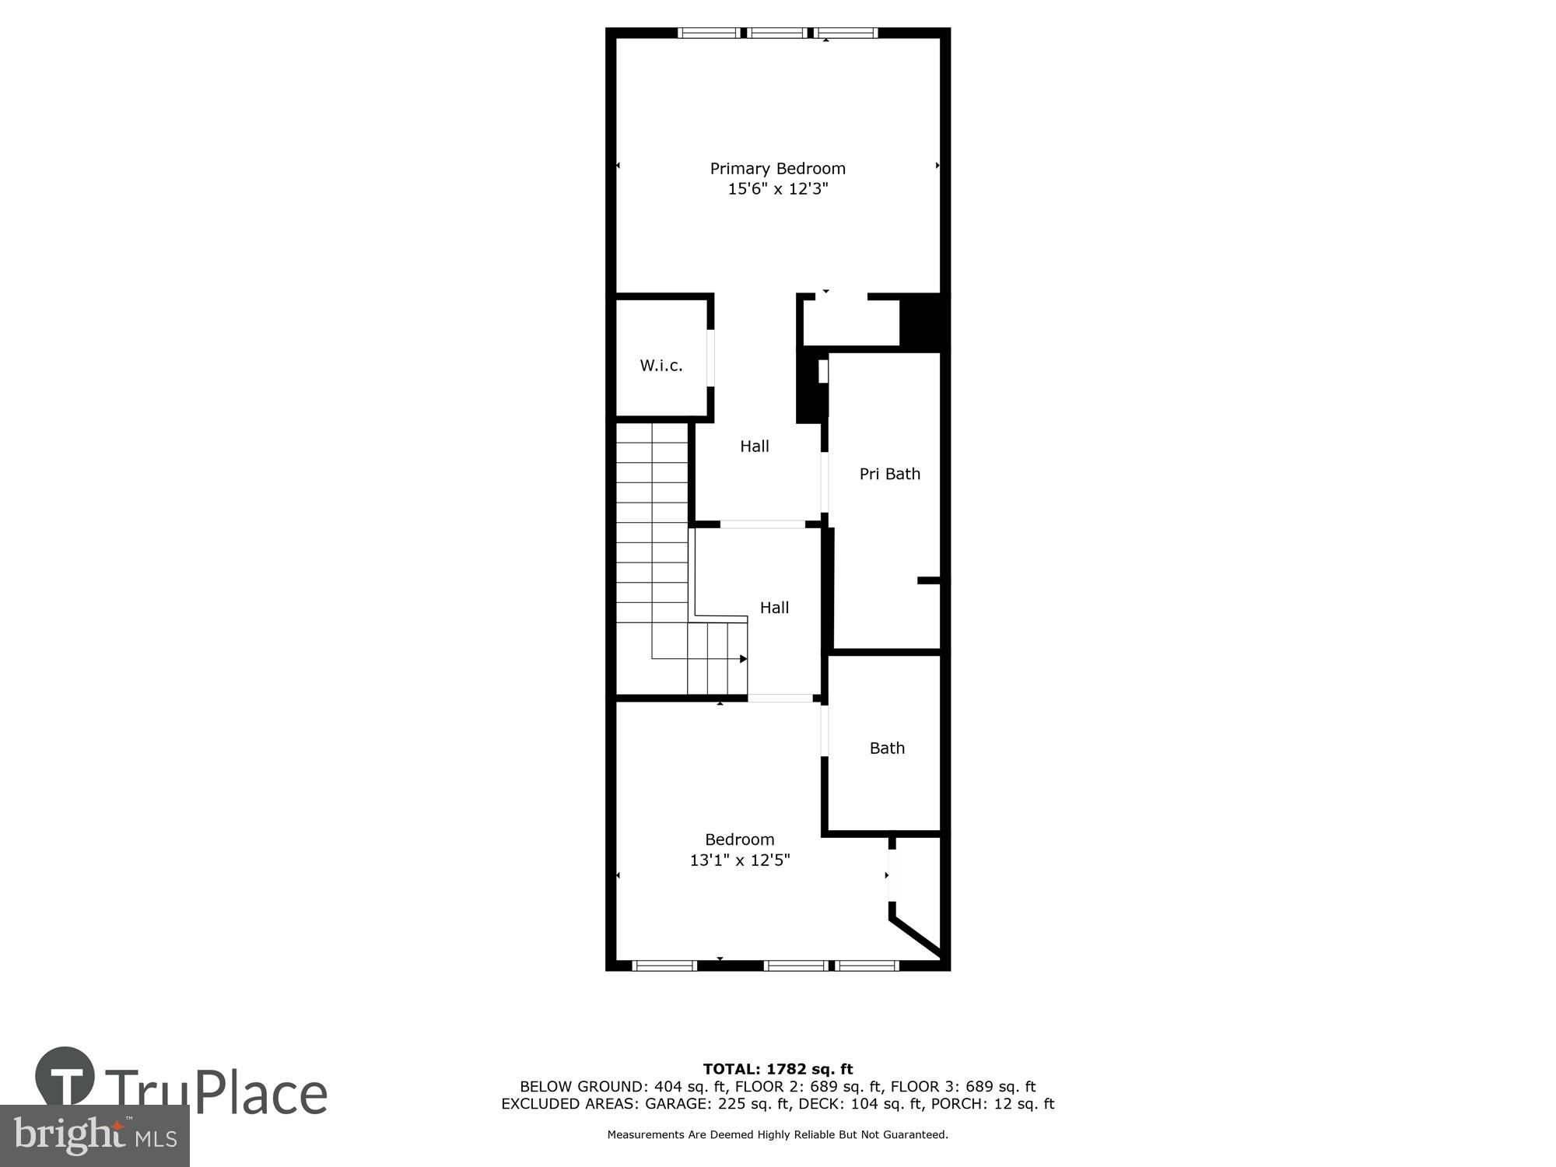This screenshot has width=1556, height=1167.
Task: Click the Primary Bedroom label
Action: (777, 168)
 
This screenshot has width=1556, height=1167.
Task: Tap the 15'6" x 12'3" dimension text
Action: (777, 189)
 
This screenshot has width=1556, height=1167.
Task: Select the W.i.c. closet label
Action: (661, 365)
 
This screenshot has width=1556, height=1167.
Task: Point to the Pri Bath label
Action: (889, 474)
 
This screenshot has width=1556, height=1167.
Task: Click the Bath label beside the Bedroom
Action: (887, 748)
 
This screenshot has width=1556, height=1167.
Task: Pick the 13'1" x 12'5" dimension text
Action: (739, 860)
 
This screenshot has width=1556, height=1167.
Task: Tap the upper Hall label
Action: (754, 446)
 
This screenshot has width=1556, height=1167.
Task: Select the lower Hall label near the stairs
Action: (774, 608)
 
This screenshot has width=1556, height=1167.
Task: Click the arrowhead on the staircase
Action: (743, 659)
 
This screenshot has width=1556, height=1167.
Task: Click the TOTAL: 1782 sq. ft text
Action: (777, 1069)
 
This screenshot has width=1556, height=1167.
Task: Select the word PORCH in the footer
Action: (965, 1103)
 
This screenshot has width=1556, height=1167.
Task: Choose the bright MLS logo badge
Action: (94, 1136)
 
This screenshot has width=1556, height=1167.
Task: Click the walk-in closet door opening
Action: (710, 358)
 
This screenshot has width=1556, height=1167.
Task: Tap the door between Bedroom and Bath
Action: (825, 731)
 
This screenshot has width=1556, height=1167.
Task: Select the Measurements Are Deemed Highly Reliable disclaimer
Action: (777, 1134)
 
